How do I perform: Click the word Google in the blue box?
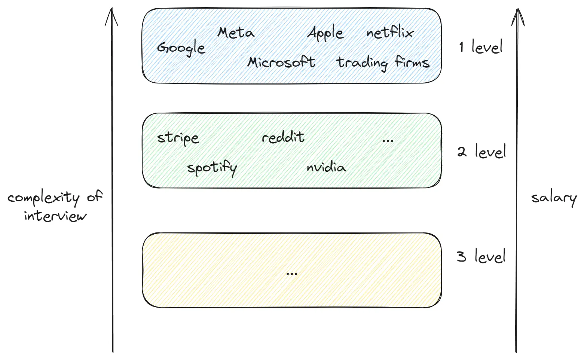click(x=181, y=48)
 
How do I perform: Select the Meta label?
click(x=236, y=33)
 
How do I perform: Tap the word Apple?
click(x=325, y=33)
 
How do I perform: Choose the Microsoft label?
click(x=281, y=62)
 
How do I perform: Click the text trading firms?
click(x=383, y=62)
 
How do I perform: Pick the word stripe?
click(x=178, y=138)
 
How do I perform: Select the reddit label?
click(x=283, y=137)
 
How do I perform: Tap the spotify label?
click(x=212, y=168)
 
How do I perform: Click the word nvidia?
click(x=326, y=167)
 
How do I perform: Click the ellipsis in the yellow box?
click(x=291, y=274)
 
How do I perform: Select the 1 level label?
click(x=481, y=47)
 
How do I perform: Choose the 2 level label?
click(x=481, y=152)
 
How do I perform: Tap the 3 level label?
click(x=481, y=257)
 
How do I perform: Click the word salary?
click(x=554, y=198)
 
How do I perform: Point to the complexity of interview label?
click(x=55, y=206)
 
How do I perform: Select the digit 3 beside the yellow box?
click(x=461, y=257)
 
